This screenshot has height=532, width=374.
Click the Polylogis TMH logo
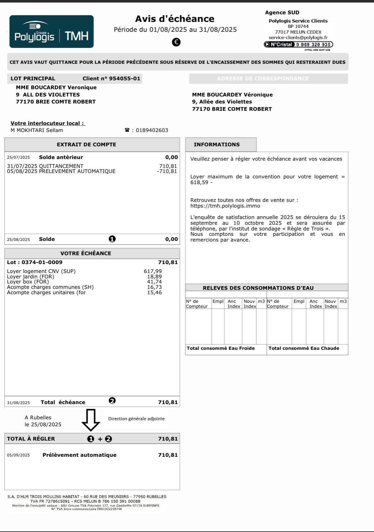(x=51, y=32)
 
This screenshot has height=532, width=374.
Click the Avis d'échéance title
(x=175, y=19)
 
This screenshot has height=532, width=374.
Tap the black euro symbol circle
(x=176, y=42)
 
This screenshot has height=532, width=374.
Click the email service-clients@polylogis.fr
(x=298, y=37)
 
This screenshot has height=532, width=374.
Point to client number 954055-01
(x=124, y=78)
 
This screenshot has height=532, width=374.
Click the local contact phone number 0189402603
(x=152, y=130)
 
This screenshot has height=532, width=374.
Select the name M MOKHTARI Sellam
(x=37, y=130)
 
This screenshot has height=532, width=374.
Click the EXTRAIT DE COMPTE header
(x=86, y=144)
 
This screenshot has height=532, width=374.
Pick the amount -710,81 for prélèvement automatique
(x=167, y=171)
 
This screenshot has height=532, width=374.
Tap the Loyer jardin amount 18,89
(x=154, y=276)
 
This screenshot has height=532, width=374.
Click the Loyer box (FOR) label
(x=28, y=282)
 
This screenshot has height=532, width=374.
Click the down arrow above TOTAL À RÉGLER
(x=91, y=420)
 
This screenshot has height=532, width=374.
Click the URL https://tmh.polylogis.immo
(x=225, y=206)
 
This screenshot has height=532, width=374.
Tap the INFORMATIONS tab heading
(x=217, y=144)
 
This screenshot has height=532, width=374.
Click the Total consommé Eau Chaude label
(x=304, y=348)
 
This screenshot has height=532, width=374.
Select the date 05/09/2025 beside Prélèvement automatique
(x=18, y=455)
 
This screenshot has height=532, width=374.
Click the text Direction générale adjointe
(x=136, y=419)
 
